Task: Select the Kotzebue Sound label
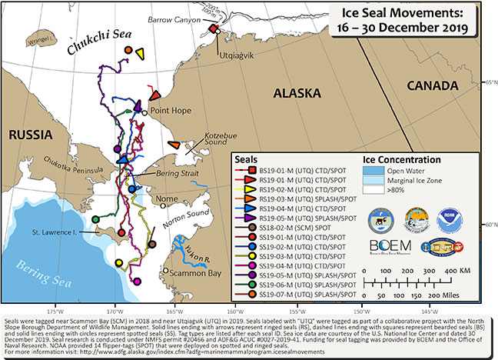point(199,138)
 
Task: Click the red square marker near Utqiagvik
point(214,29)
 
